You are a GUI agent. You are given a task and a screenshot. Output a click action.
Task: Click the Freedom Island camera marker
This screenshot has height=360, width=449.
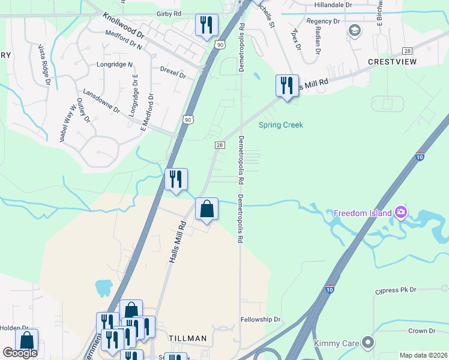[x=401, y=212]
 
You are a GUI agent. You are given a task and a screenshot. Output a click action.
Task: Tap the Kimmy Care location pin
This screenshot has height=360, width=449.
[x=369, y=343]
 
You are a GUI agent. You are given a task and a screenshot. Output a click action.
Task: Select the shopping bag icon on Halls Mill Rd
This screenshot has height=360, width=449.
[x=206, y=210]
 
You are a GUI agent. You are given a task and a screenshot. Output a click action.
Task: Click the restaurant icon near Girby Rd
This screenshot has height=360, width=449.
[x=206, y=26]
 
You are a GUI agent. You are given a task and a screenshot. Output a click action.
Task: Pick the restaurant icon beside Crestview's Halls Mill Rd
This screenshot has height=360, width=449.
[x=287, y=86]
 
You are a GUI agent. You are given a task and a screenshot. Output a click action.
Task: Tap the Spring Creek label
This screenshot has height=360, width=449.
[x=280, y=125]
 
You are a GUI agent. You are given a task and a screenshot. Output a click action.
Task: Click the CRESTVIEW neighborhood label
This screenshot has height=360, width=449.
[x=392, y=62]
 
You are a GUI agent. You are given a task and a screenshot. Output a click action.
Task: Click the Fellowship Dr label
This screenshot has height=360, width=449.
[x=261, y=320]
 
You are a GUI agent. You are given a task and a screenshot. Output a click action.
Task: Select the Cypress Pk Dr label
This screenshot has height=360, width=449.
[x=396, y=290]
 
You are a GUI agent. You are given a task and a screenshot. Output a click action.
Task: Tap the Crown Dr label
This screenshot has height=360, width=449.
[x=421, y=331]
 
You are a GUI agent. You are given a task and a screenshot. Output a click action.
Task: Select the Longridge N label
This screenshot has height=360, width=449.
[x=122, y=64]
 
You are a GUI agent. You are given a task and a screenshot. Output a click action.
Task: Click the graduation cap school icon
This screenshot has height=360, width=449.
[x=355, y=30]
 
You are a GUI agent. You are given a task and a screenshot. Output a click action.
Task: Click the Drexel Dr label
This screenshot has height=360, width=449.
[x=173, y=73]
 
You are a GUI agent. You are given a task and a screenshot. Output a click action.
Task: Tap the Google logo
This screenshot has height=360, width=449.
[x=20, y=353]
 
